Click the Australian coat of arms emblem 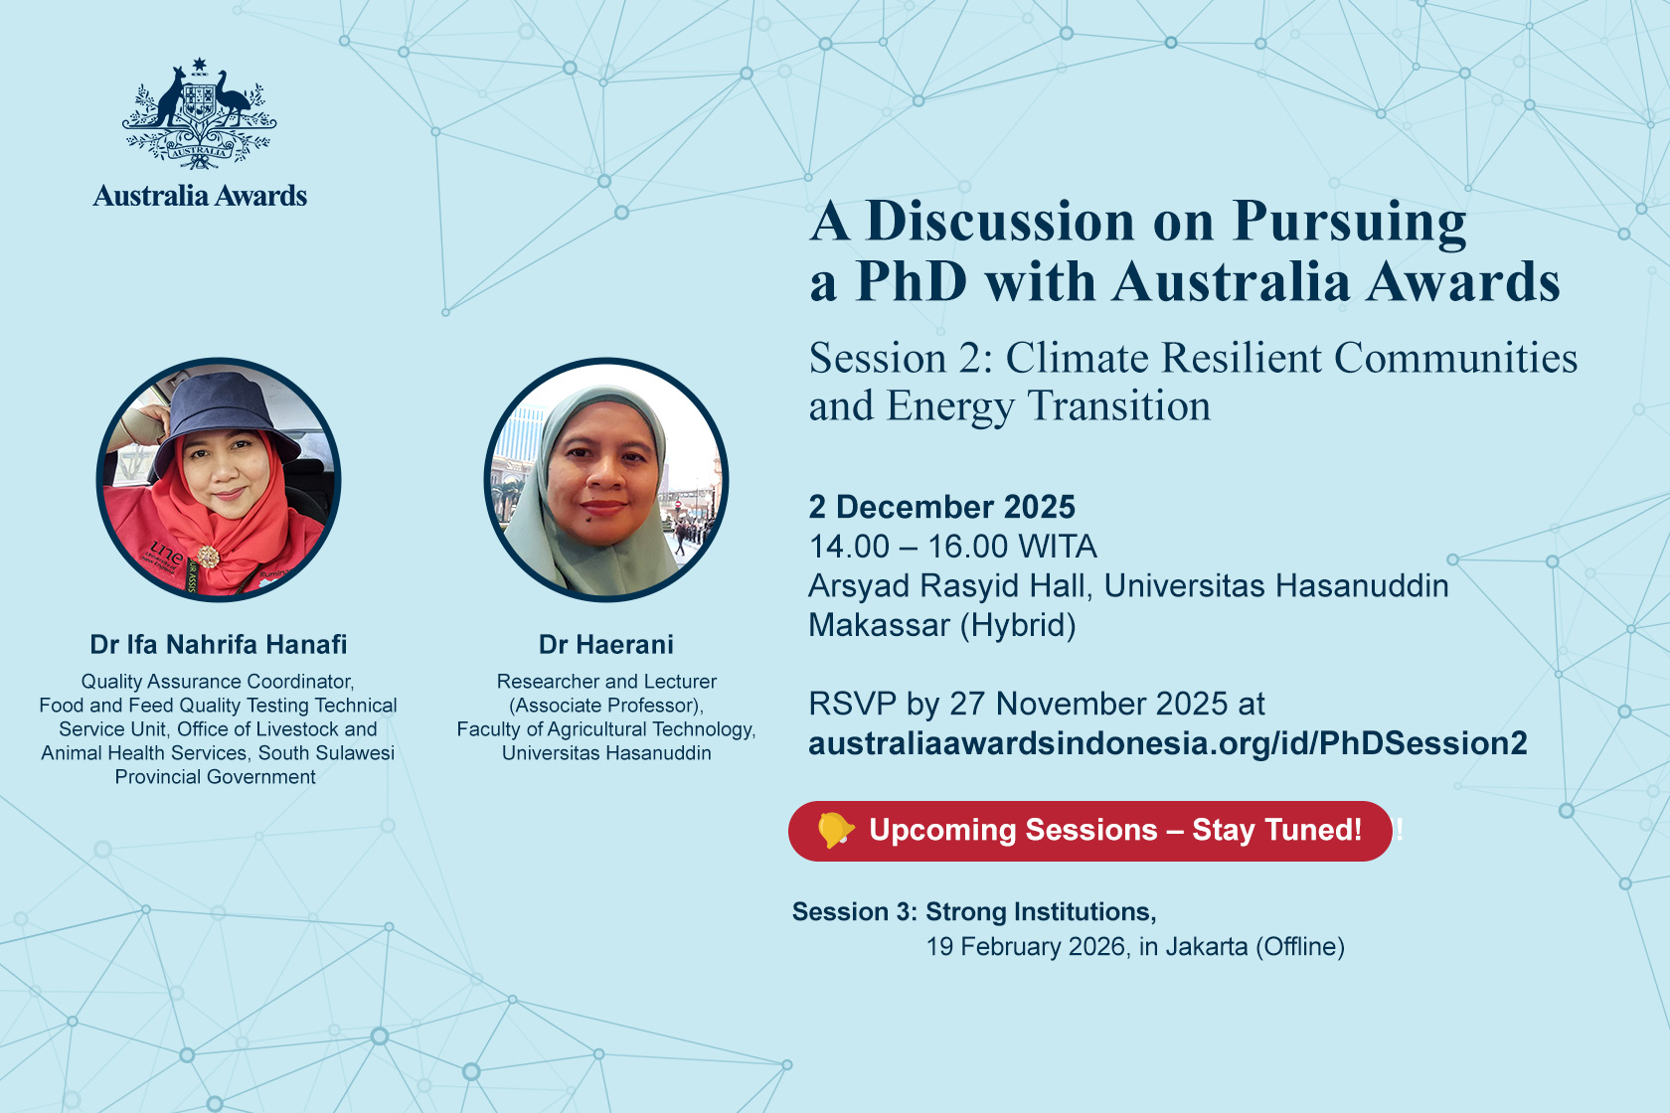[199, 113]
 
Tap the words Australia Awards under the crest [200, 196]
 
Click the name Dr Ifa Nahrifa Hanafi [219, 644]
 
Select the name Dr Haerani [606, 644]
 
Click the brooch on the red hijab [208, 556]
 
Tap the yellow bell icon [835, 831]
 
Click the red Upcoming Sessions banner [1089, 831]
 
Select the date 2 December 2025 [941, 507]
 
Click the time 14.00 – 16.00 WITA [952, 547]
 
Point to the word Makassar [878, 625]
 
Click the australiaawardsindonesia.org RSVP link [1167, 744]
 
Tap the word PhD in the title [912, 282]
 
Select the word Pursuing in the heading [1350, 222]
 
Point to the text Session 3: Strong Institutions [974, 911]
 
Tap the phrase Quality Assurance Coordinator [217, 682]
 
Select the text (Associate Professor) [606, 706]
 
